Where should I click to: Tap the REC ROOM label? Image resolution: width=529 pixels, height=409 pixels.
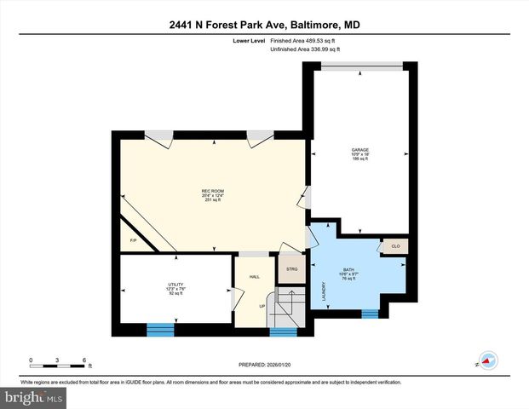pos(212,190)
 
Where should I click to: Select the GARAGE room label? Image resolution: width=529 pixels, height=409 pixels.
pos(360,149)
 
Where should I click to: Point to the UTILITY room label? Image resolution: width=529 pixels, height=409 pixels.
pos(175,285)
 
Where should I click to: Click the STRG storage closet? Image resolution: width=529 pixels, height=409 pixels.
pos(291,269)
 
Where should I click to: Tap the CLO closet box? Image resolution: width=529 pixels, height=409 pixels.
pos(395,246)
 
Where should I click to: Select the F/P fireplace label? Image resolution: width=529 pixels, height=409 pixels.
pos(133,242)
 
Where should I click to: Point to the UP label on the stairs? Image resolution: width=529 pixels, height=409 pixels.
pos(262,306)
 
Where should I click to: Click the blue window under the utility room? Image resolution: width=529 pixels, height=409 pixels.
pos(159,326)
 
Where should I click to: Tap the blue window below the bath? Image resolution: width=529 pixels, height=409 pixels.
pos(370,314)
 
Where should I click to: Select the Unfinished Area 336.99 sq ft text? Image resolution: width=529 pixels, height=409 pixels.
pos(305,50)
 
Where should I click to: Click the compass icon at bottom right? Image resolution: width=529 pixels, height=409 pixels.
pos(488,360)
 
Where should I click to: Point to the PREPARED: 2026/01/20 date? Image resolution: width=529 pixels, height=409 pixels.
pos(264,366)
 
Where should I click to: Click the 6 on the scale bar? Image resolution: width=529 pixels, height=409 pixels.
pos(83,360)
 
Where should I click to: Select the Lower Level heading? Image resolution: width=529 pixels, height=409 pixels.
pos(247,40)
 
